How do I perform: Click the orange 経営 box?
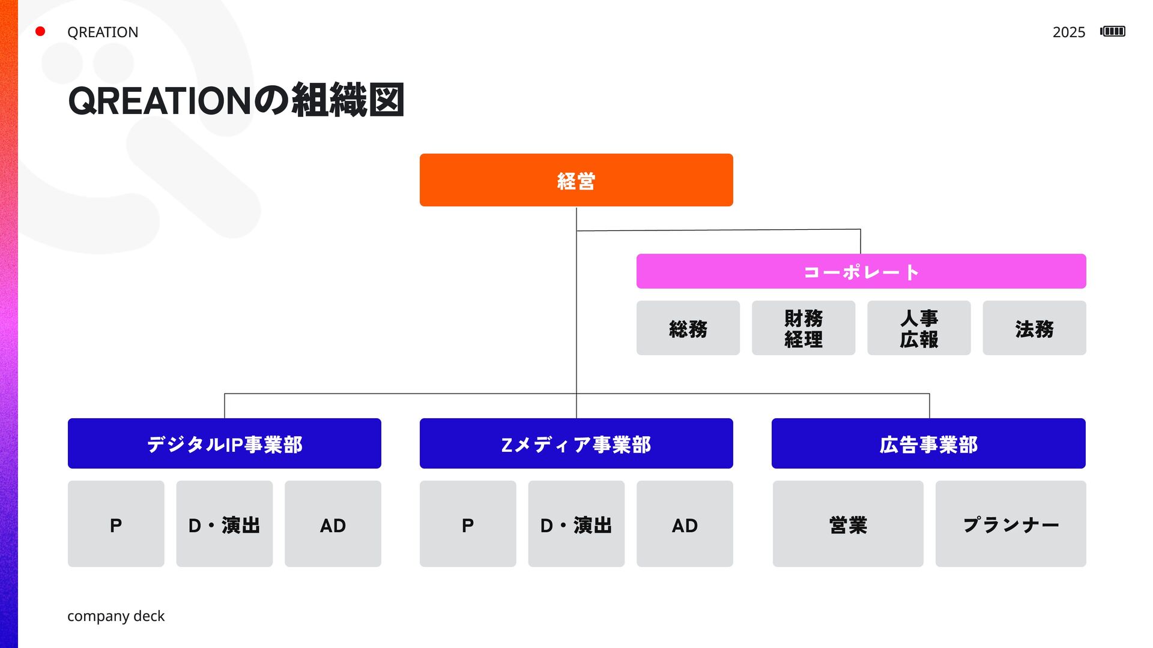[576, 180]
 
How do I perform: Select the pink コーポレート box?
[861, 271]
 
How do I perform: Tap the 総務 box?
[688, 328]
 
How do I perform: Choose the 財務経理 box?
[803, 328]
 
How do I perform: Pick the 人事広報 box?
[918, 328]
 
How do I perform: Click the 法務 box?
[1033, 328]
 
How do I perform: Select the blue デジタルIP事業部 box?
[224, 443]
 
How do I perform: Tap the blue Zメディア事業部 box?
[576, 443]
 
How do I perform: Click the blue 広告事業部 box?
[928, 443]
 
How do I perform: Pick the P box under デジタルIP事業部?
[115, 524]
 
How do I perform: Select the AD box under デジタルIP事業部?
[333, 524]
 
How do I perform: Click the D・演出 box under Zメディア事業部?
[576, 524]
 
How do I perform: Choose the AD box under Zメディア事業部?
[685, 524]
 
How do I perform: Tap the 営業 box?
[847, 524]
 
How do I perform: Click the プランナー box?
[1010, 524]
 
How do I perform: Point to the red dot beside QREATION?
[40, 31]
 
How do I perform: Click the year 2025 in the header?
[1068, 32]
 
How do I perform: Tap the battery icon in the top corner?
[1113, 31]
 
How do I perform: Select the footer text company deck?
[115, 616]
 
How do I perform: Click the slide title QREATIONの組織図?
[235, 100]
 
